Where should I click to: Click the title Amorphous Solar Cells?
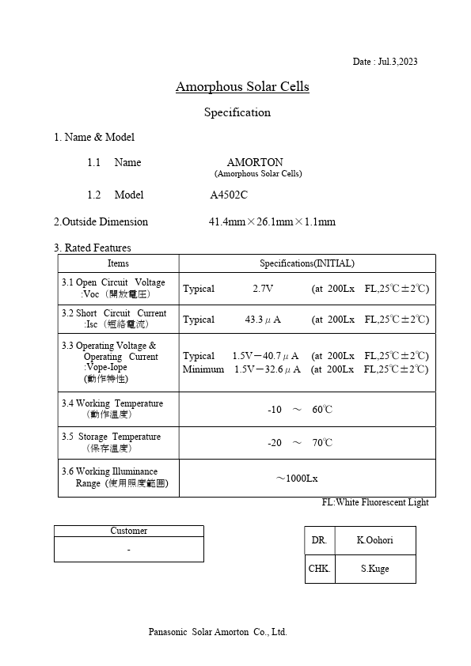[242, 86]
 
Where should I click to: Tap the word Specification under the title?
[237, 112]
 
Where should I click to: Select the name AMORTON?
[255, 162]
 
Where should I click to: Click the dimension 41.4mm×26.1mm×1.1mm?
[272, 221]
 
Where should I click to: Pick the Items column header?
[118, 263]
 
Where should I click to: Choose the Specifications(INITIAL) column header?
[307, 263]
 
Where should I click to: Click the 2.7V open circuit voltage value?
[263, 289]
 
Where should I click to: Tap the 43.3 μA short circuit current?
[263, 320]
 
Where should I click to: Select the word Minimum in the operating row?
[203, 369]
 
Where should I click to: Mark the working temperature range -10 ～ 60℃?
[300, 410]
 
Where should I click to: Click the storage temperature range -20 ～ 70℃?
[300, 443]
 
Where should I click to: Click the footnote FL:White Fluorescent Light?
[375, 502]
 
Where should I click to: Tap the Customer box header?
[128, 531]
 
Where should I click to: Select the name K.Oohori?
[374, 540]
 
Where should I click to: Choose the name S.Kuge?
[374, 569]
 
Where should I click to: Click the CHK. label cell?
[320, 569]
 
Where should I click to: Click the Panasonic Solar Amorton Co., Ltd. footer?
[218, 632]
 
